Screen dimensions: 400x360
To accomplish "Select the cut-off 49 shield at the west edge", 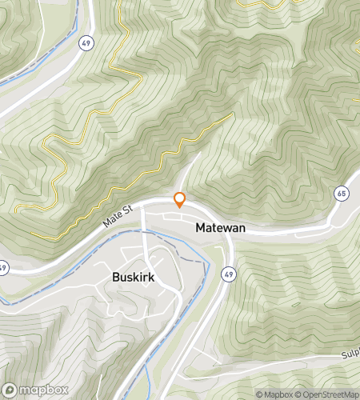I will tap(3, 266).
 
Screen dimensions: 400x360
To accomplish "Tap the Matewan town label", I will tap(220, 228).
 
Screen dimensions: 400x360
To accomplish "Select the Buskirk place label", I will tap(133, 278).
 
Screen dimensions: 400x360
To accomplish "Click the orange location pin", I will tap(180, 200).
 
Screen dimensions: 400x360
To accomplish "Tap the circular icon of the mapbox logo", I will tap(10, 391).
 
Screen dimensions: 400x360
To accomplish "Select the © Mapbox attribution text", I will tap(274, 394).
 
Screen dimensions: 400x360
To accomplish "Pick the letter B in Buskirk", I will tap(116, 278).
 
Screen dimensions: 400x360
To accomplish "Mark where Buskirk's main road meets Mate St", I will tap(142, 210).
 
